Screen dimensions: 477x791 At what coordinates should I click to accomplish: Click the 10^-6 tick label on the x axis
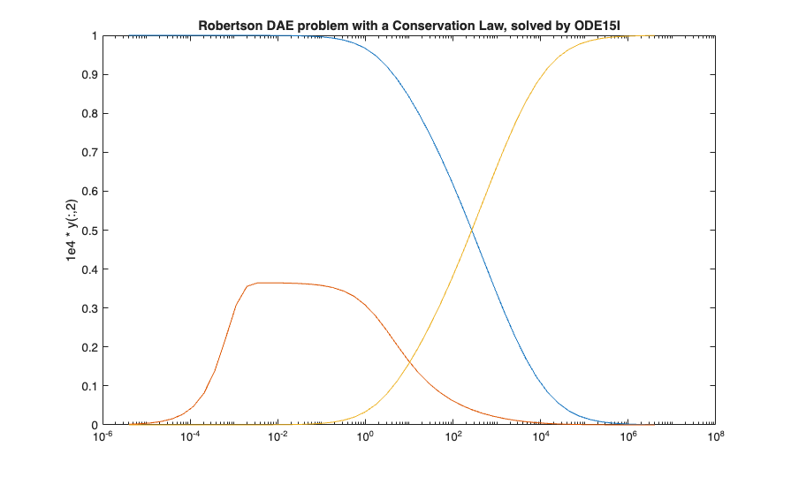tap(103, 436)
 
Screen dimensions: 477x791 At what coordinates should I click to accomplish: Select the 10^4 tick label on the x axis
tap(540, 436)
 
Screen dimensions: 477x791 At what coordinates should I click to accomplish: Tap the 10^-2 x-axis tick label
tap(278, 436)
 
